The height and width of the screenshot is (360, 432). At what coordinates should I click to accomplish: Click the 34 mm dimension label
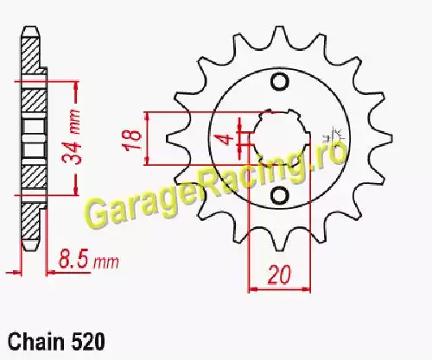click(72, 136)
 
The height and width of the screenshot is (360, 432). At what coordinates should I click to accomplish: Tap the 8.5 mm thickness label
click(88, 261)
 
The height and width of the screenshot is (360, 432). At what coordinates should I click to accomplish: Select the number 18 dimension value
click(133, 140)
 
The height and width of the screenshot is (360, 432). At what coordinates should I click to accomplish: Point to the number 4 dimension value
click(227, 138)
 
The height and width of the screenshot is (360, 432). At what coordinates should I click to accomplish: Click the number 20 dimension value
click(279, 275)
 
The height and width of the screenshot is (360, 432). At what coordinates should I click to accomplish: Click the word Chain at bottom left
click(36, 342)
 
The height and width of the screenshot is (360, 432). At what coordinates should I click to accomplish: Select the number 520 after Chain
click(88, 342)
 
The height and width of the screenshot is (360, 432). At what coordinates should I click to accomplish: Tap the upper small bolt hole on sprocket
click(279, 82)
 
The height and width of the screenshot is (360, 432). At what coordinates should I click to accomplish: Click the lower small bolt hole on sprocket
click(279, 195)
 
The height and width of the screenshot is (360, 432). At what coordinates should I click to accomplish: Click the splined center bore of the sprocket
click(280, 138)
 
